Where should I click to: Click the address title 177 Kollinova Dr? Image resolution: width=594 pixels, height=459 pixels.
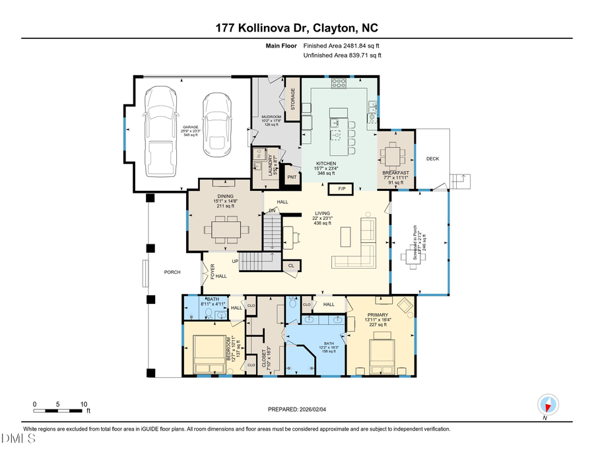pyautogui.click(x=297, y=28)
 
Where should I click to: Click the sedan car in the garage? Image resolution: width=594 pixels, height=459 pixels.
pyautogui.click(x=216, y=125)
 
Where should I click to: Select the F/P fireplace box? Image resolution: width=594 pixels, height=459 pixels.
pyautogui.click(x=342, y=189)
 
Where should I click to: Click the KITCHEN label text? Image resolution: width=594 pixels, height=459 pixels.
pyautogui.click(x=325, y=164)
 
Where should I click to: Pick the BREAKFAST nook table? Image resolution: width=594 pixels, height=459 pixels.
pyautogui.click(x=395, y=156)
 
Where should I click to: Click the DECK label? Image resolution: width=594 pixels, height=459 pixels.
pyautogui.click(x=432, y=159)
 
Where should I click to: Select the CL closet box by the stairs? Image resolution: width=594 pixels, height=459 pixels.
pyautogui.click(x=291, y=265)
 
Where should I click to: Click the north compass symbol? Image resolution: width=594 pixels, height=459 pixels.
pyautogui.click(x=548, y=404)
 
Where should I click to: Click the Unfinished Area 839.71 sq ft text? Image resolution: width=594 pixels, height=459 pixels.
pyautogui.click(x=342, y=55)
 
